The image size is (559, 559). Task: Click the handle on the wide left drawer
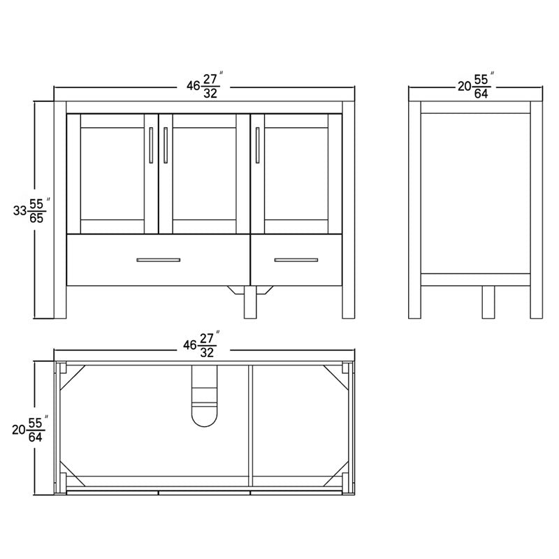click(x=159, y=260)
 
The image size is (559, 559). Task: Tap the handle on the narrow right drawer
click(x=296, y=260)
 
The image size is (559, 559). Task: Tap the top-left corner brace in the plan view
click(x=68, y=375)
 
